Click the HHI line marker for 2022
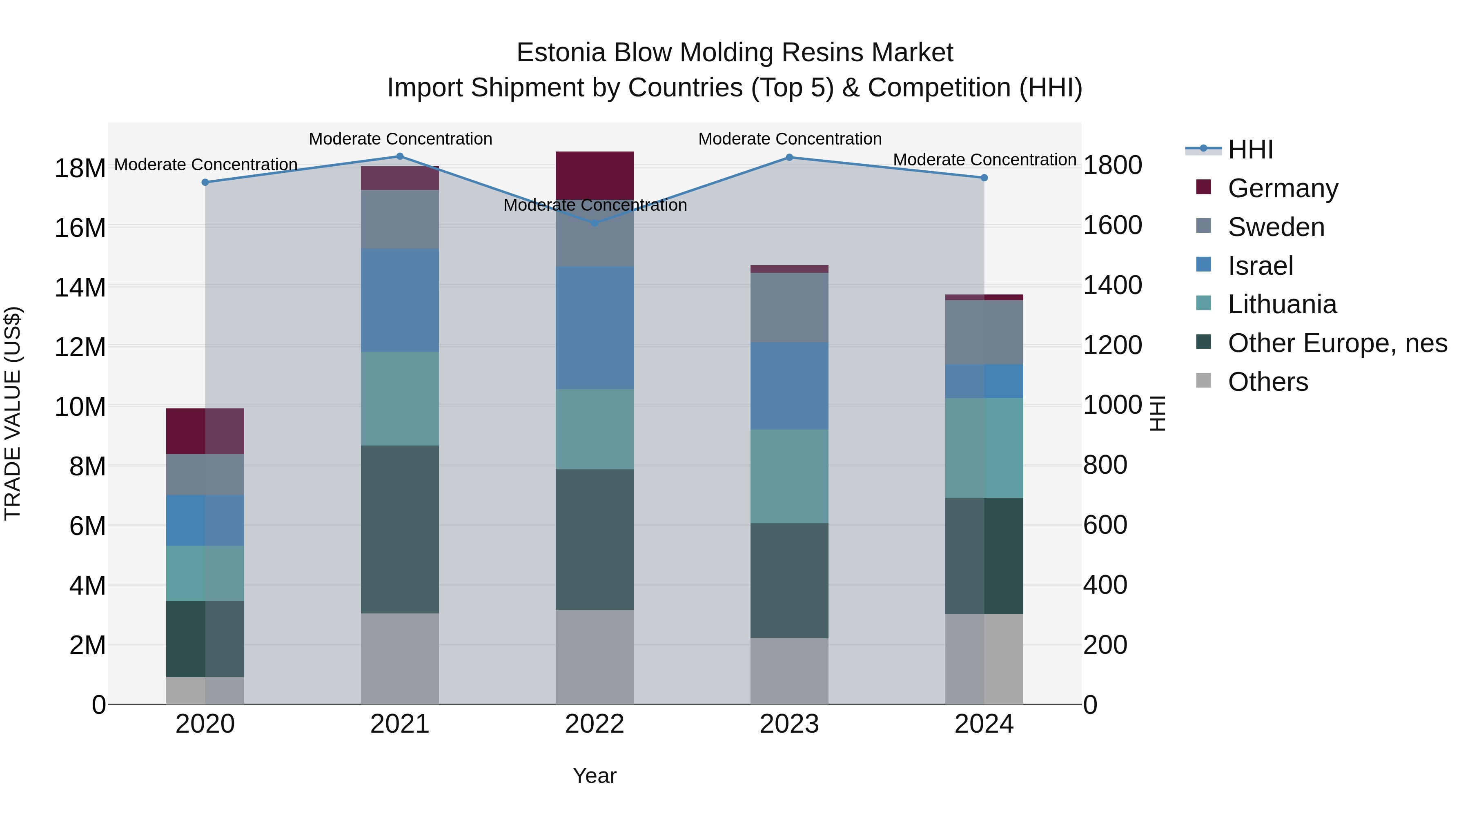595,223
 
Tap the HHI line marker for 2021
400,156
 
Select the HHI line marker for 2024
984,178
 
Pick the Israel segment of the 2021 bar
400,300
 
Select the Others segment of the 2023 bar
789,671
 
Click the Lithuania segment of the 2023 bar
789,476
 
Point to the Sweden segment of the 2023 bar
789,308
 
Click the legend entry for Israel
1260,266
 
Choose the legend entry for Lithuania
1282,305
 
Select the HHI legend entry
1250,149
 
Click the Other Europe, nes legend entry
1337,343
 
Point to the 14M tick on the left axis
80,287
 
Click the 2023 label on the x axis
789,724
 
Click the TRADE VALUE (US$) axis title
13,413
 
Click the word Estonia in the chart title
560,53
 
